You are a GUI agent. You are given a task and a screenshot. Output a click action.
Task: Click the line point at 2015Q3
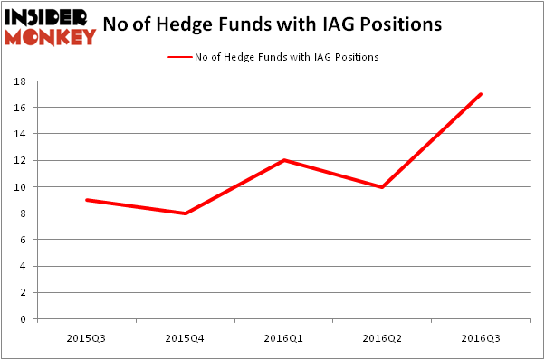(x=86, y=200)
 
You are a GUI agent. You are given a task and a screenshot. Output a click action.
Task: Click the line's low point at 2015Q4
(x=185, y=213)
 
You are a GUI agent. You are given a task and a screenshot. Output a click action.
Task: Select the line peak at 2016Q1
(x=283, y=160)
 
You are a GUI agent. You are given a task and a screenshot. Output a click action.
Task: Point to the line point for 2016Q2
(x=382, y=187)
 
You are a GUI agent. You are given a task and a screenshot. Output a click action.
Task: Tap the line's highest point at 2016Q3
(x=481, y=94)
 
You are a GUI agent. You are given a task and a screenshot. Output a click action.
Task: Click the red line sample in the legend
(x=179, y=56)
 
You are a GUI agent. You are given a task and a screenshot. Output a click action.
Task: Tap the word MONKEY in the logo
(x=50, y=36)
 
